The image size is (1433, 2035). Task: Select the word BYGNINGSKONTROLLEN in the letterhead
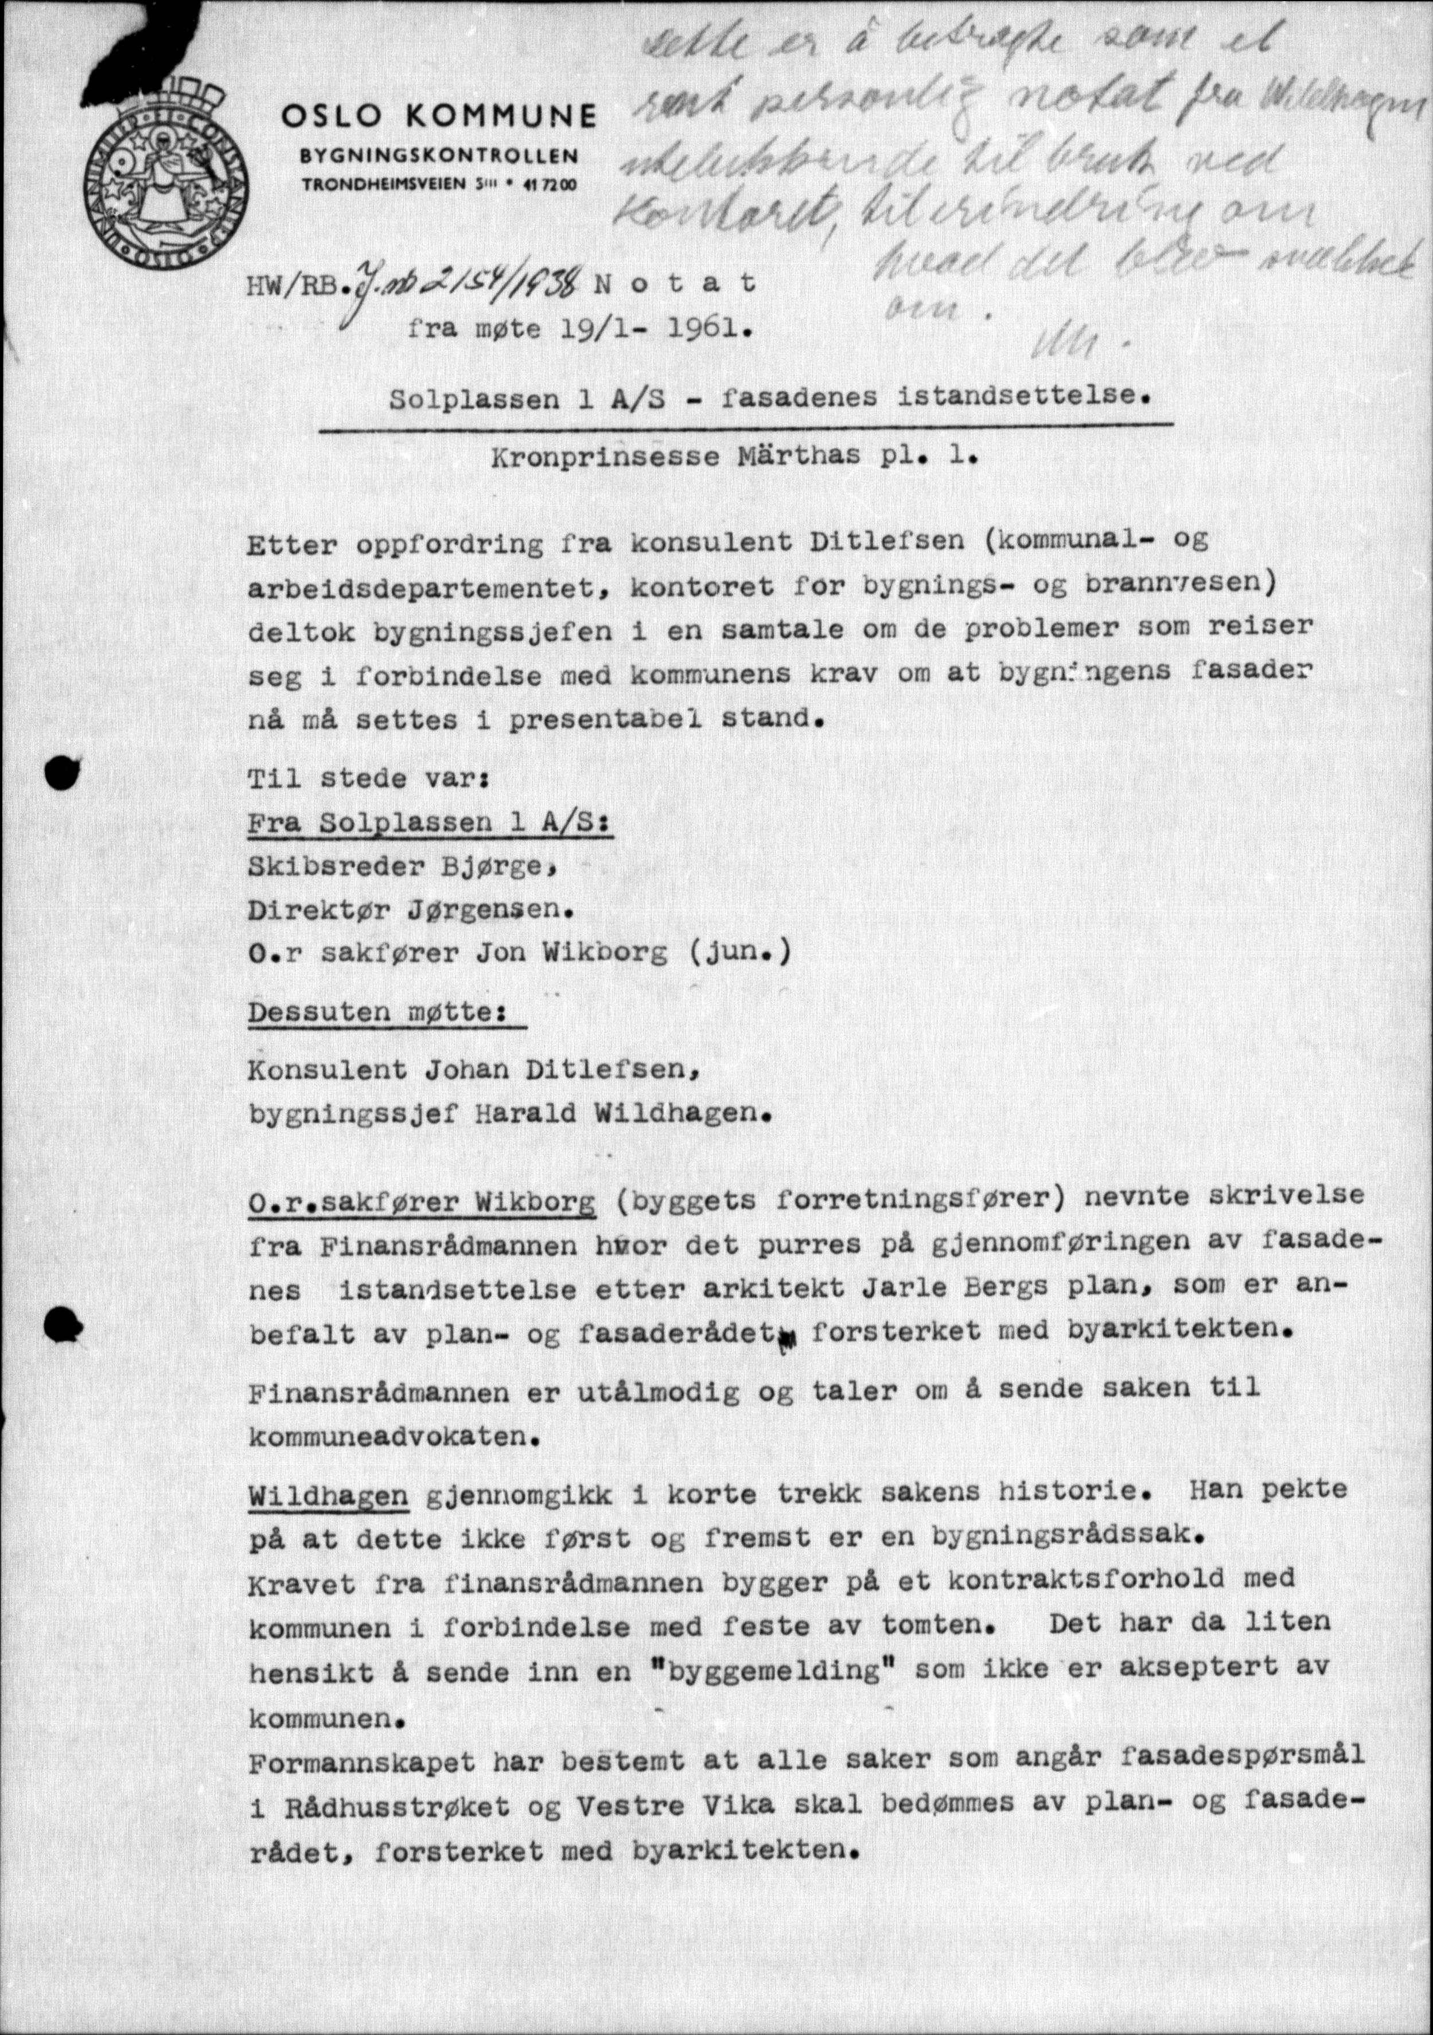[439, 156]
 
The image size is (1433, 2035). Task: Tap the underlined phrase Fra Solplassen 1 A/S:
[431, 822]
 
